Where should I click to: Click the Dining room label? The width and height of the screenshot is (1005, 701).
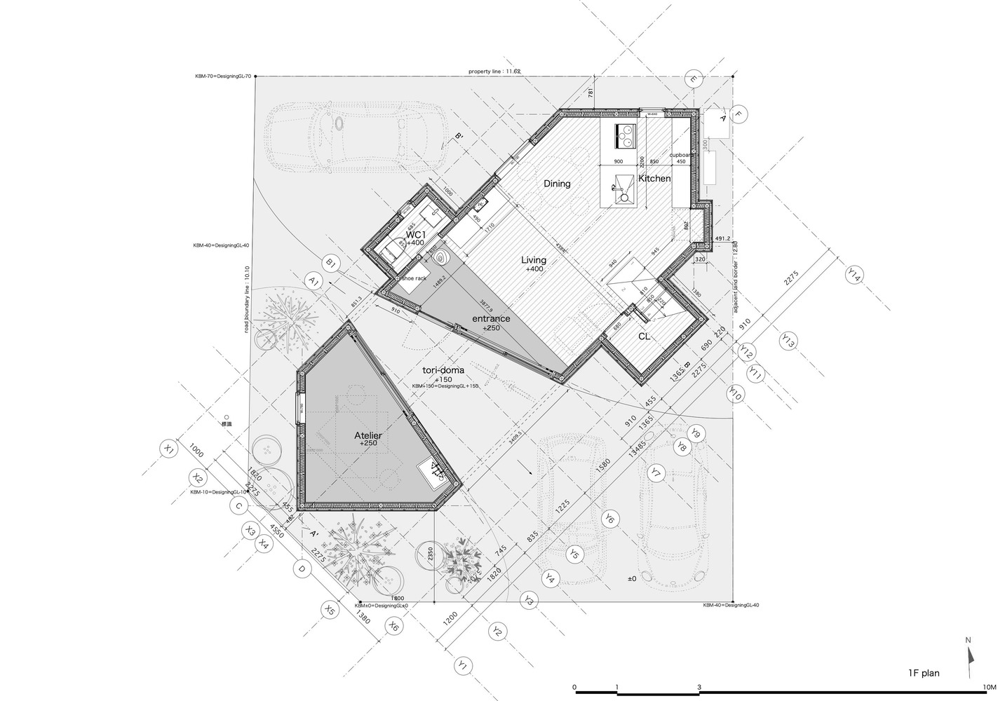point(557,184)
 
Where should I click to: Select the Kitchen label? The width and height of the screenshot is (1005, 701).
point(654,179)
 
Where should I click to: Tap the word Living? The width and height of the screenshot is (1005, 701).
point(533,260)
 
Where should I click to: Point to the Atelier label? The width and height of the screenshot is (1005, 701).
point(368,435)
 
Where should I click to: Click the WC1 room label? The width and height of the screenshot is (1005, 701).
point(416,233)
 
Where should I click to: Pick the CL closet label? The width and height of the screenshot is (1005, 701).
point(644,336)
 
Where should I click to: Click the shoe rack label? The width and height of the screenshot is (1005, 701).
point(414,278)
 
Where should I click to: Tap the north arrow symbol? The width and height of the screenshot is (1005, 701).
point(971,659)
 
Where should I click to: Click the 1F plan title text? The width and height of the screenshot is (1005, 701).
point(920,673)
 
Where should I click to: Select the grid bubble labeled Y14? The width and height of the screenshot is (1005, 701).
point(853,275)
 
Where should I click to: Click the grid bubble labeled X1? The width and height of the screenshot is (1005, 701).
point(168,449)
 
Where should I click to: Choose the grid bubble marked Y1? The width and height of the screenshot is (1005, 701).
point(461,665)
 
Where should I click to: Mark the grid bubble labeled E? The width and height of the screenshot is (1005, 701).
point(693,80)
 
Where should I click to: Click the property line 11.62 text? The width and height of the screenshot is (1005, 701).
point(494,72)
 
